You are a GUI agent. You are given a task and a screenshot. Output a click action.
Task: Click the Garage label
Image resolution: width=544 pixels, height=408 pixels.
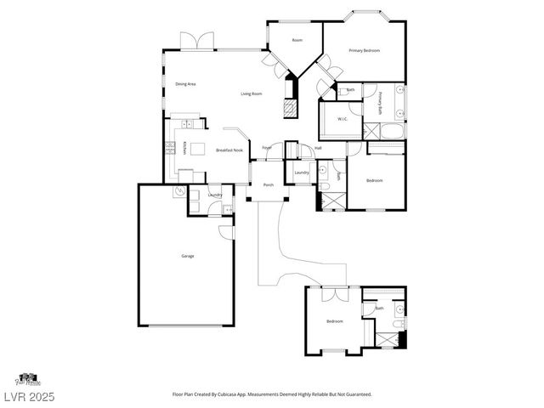tap(187, 256)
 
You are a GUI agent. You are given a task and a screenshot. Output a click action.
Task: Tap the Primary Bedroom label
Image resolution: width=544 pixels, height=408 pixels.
tap(364, 51)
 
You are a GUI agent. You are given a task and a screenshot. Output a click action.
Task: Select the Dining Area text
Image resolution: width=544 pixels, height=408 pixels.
tap(186, 84)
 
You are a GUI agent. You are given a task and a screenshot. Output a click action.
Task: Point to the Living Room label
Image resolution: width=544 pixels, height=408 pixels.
tap(251, 93)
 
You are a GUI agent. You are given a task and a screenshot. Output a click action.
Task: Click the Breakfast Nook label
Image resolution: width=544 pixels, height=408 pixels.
tap(229, 150)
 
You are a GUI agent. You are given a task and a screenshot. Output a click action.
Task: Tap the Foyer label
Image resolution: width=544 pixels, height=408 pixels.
tap(267, 148)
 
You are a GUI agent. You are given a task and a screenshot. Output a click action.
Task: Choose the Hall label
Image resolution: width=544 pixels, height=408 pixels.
tap(318, 148)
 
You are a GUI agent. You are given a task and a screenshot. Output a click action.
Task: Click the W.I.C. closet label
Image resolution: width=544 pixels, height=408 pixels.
tap(341, 118)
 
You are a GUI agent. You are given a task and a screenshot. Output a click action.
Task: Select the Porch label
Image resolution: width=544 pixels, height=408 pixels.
tap(268, 184)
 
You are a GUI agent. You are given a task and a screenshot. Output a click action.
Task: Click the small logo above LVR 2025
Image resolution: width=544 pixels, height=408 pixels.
tap(27, 377)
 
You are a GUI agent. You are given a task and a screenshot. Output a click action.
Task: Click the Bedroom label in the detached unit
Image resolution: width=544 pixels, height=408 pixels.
tap(335, 321)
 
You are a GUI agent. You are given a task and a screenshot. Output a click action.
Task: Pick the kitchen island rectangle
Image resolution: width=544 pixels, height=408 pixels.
tap(198, 150)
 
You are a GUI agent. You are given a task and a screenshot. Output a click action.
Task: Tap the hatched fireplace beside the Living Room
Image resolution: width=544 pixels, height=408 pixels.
tap(291, 109)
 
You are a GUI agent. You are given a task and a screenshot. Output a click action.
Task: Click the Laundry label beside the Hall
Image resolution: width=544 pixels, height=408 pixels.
tap(301, 173)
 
